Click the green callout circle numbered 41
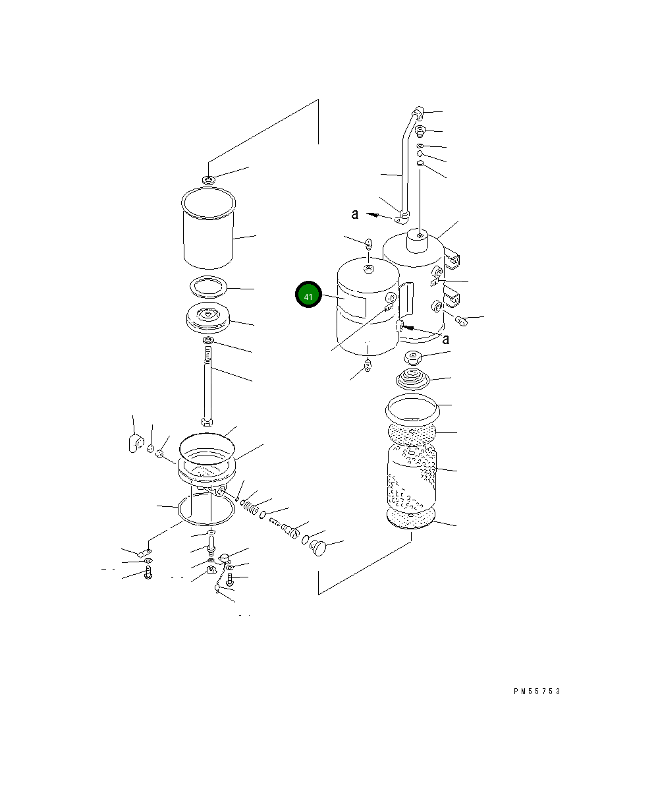point(308,295)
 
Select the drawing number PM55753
point(537,691)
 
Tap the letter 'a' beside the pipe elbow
point(355,214)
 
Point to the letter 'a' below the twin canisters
point(446,339)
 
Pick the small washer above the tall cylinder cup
point(208,179)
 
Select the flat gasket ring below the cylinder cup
point(208,287)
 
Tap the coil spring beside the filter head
point(251,507)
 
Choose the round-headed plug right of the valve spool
point(318,547)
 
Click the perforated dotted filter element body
point(412,477)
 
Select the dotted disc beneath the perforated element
point(411,518)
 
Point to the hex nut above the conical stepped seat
point(413,357)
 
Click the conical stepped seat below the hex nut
point(412,378)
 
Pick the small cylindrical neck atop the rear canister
point(418,241)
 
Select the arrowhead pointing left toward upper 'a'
point(373,215)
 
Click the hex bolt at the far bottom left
point(148,572)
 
